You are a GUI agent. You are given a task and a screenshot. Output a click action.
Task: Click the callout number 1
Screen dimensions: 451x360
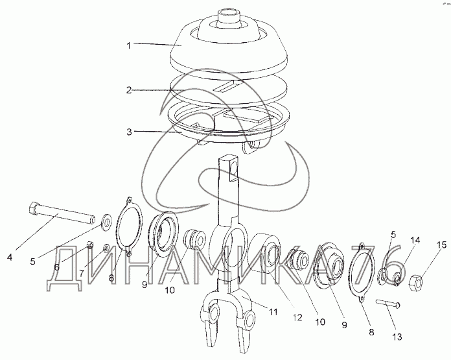[129, 45]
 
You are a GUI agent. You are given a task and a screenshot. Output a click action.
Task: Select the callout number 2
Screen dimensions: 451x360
[129, 90]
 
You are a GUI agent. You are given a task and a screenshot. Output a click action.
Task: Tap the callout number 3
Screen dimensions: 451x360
[129, 132]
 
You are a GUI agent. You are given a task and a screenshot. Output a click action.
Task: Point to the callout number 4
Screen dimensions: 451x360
[10, 257]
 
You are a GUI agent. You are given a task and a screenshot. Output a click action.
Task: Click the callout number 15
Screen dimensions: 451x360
[443, 245]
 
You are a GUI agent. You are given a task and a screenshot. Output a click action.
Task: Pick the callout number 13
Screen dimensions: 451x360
[397, 337]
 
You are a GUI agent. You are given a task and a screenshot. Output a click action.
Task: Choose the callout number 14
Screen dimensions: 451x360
[415, 240]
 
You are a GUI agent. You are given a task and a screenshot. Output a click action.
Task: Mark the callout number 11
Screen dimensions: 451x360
[273, 311]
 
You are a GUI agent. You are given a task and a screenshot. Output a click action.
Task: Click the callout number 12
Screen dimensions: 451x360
[297, 317]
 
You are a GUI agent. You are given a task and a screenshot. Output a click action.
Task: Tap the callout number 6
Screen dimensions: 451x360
[56, 267]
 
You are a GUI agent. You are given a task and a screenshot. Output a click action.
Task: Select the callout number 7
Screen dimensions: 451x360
[82, 272]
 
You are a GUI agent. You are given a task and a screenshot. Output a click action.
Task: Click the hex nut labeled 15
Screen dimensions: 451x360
[416, 280]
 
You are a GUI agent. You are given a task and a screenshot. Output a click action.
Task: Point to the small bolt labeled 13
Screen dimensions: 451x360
[388, 303]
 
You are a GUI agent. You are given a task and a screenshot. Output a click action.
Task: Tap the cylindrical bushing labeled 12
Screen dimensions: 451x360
[264, 252]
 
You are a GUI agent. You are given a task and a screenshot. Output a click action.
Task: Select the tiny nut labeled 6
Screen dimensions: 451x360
[90, 245]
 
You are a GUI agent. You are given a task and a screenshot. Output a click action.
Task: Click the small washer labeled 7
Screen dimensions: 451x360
[106, 247]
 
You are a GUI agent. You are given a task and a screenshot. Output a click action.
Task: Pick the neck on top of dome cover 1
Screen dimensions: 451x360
[229, 18]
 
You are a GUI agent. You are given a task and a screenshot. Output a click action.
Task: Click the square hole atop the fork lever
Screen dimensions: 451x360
[233, 171]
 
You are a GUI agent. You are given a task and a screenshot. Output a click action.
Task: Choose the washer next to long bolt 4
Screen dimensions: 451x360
[107, 222]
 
